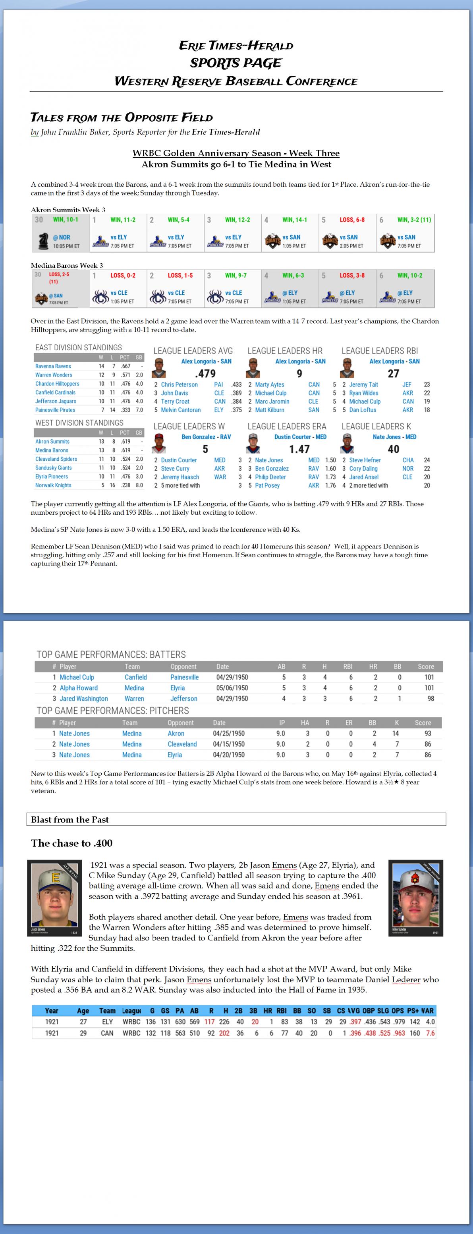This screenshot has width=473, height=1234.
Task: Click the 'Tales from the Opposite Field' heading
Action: (121, 118)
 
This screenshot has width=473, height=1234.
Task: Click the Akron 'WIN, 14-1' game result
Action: (294, 220)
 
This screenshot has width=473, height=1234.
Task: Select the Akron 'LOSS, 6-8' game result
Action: (352, 220)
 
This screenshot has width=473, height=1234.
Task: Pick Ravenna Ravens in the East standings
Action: (53, 366)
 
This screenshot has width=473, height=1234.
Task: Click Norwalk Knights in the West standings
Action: (53, 485)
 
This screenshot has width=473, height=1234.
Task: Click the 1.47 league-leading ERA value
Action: (299, 449)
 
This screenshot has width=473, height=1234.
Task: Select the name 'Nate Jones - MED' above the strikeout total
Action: (394, 437)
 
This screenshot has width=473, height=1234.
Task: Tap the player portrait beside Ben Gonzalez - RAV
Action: (158, 444)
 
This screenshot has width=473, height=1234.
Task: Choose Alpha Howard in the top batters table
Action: (79, 688)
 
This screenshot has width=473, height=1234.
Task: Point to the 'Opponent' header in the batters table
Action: (183, 666)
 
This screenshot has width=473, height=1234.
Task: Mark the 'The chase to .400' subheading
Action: (71, 843)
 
